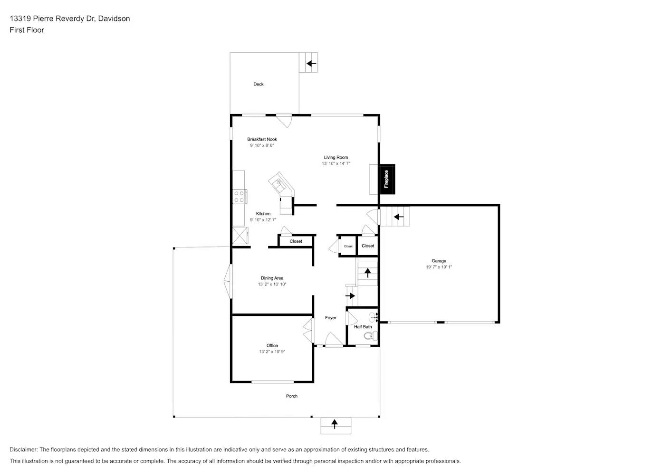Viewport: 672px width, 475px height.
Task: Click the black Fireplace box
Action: tap(387, 179)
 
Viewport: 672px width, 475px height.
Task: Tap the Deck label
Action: tap(259, 84)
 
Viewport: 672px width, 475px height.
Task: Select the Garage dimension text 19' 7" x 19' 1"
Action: tap(439, 267)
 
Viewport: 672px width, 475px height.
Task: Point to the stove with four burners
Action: tap(239, 197)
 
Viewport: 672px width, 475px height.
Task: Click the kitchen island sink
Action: tap(278, 183)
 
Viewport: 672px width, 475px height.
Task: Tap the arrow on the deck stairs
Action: tap(311, 63)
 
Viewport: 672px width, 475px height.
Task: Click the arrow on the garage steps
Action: tap(398, 217)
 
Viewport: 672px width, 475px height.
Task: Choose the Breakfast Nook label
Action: tap(262, 139)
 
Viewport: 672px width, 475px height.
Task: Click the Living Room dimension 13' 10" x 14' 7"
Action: tap(336, 163)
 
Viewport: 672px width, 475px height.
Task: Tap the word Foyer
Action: tap(330, 318)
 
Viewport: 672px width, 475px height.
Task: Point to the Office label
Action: tap(272, 345)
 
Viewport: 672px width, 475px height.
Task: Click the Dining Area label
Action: tap(272, 278)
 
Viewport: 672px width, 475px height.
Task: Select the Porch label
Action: tap(292, 396)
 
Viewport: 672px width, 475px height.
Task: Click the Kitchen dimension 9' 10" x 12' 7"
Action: tap(263, 220)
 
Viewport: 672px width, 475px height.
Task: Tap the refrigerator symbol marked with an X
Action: tap(240, 236)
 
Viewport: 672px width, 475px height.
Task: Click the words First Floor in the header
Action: tap(27, 30)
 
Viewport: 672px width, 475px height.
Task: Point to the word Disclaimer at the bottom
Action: tap(23, 449)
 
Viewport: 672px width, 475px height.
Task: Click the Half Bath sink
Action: tap(373, 317)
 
